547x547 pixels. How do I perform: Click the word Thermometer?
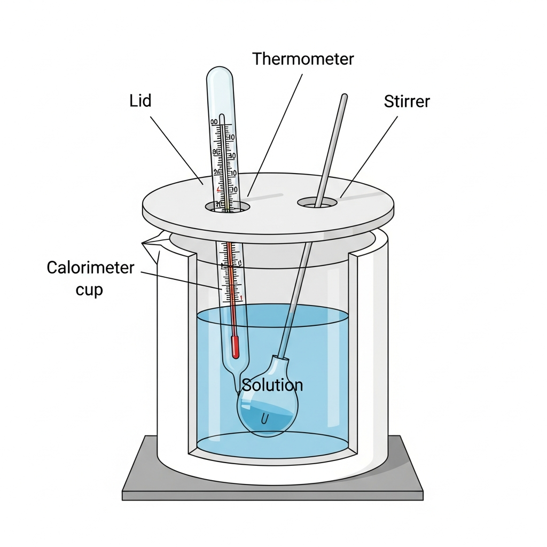coord(303,59)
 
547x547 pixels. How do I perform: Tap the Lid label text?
coord(140,100)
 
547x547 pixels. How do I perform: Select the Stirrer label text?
coord(407,101)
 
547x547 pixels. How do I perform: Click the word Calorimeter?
coord(90,267)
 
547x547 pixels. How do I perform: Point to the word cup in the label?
coord(89,290)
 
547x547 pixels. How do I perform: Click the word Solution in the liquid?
coord(272,385)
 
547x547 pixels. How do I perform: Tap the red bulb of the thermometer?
coord(235,347)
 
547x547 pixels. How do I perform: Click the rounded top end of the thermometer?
coord(220,75)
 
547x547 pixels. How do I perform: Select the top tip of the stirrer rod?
coord(344,97)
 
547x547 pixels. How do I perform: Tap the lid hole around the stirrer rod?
coord(318,203)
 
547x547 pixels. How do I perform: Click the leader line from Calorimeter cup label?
coord(182,280)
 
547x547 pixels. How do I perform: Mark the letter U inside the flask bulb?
coord(264,420)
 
